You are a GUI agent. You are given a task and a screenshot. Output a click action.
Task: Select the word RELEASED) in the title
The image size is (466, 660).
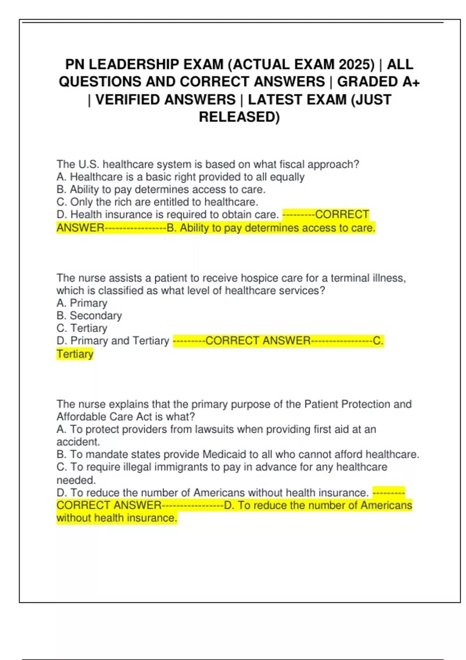[x=239, y=117]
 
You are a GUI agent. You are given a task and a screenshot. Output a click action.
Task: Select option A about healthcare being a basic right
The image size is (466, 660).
[x=180, y=177]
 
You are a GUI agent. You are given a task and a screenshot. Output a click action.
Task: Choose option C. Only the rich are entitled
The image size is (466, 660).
[x=157, y=202]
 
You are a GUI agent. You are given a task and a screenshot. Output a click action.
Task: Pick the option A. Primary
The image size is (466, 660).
[x=82, y=303]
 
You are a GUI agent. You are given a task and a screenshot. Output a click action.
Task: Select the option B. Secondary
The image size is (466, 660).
[x=89, y=316]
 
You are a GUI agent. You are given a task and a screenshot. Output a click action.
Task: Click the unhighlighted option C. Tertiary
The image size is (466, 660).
[x=82, y=328]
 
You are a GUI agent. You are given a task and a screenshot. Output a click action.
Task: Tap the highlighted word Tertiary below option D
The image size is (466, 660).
[x=75, y=354]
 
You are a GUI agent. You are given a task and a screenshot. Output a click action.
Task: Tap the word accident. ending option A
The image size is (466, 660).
[x=78, y=442]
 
